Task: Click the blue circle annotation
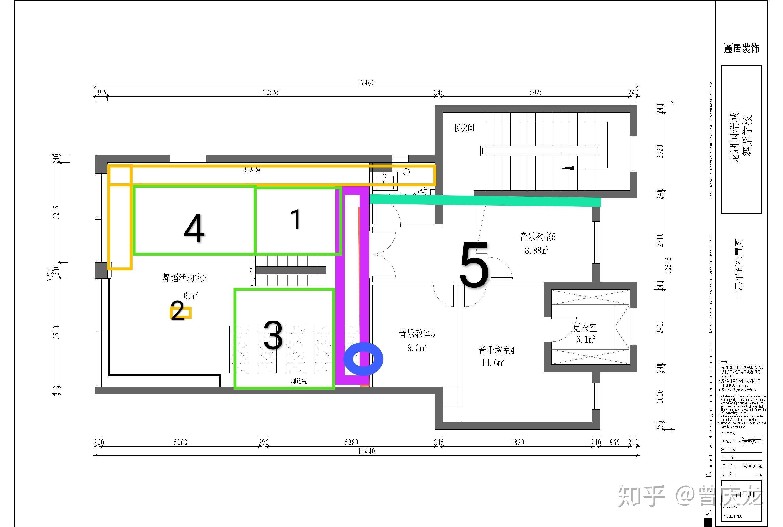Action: pyautogui.click(x=363, y=359)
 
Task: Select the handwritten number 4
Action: pyautogui.click(x=194, y=229)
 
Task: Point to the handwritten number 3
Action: pyautogui.click(x=273, y=335)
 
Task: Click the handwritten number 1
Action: pyautogui.click(x=296, y=219)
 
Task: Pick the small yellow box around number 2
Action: pyautogui.click(x=181, y=312)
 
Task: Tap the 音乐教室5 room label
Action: pyautogui.click(x=537, y=237)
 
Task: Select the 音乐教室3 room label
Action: pyautogui.click(x=417, y=334)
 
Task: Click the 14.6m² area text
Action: pyautogui.click(x=493, y=363)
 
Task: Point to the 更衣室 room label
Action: pyautogui.click(x=585, y=327)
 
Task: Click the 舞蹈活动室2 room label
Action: pyautogui.click(x=185, y=278)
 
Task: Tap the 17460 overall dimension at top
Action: pyautogui.click(x=366, y=83)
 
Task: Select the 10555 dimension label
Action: pyautogui.click(x=271, y=92)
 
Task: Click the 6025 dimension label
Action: pyautogui.click(x=536, y=92)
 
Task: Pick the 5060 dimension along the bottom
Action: pyautogui.click(x=181, y=442)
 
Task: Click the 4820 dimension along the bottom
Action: pyautogui.click(x=517, y=442)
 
